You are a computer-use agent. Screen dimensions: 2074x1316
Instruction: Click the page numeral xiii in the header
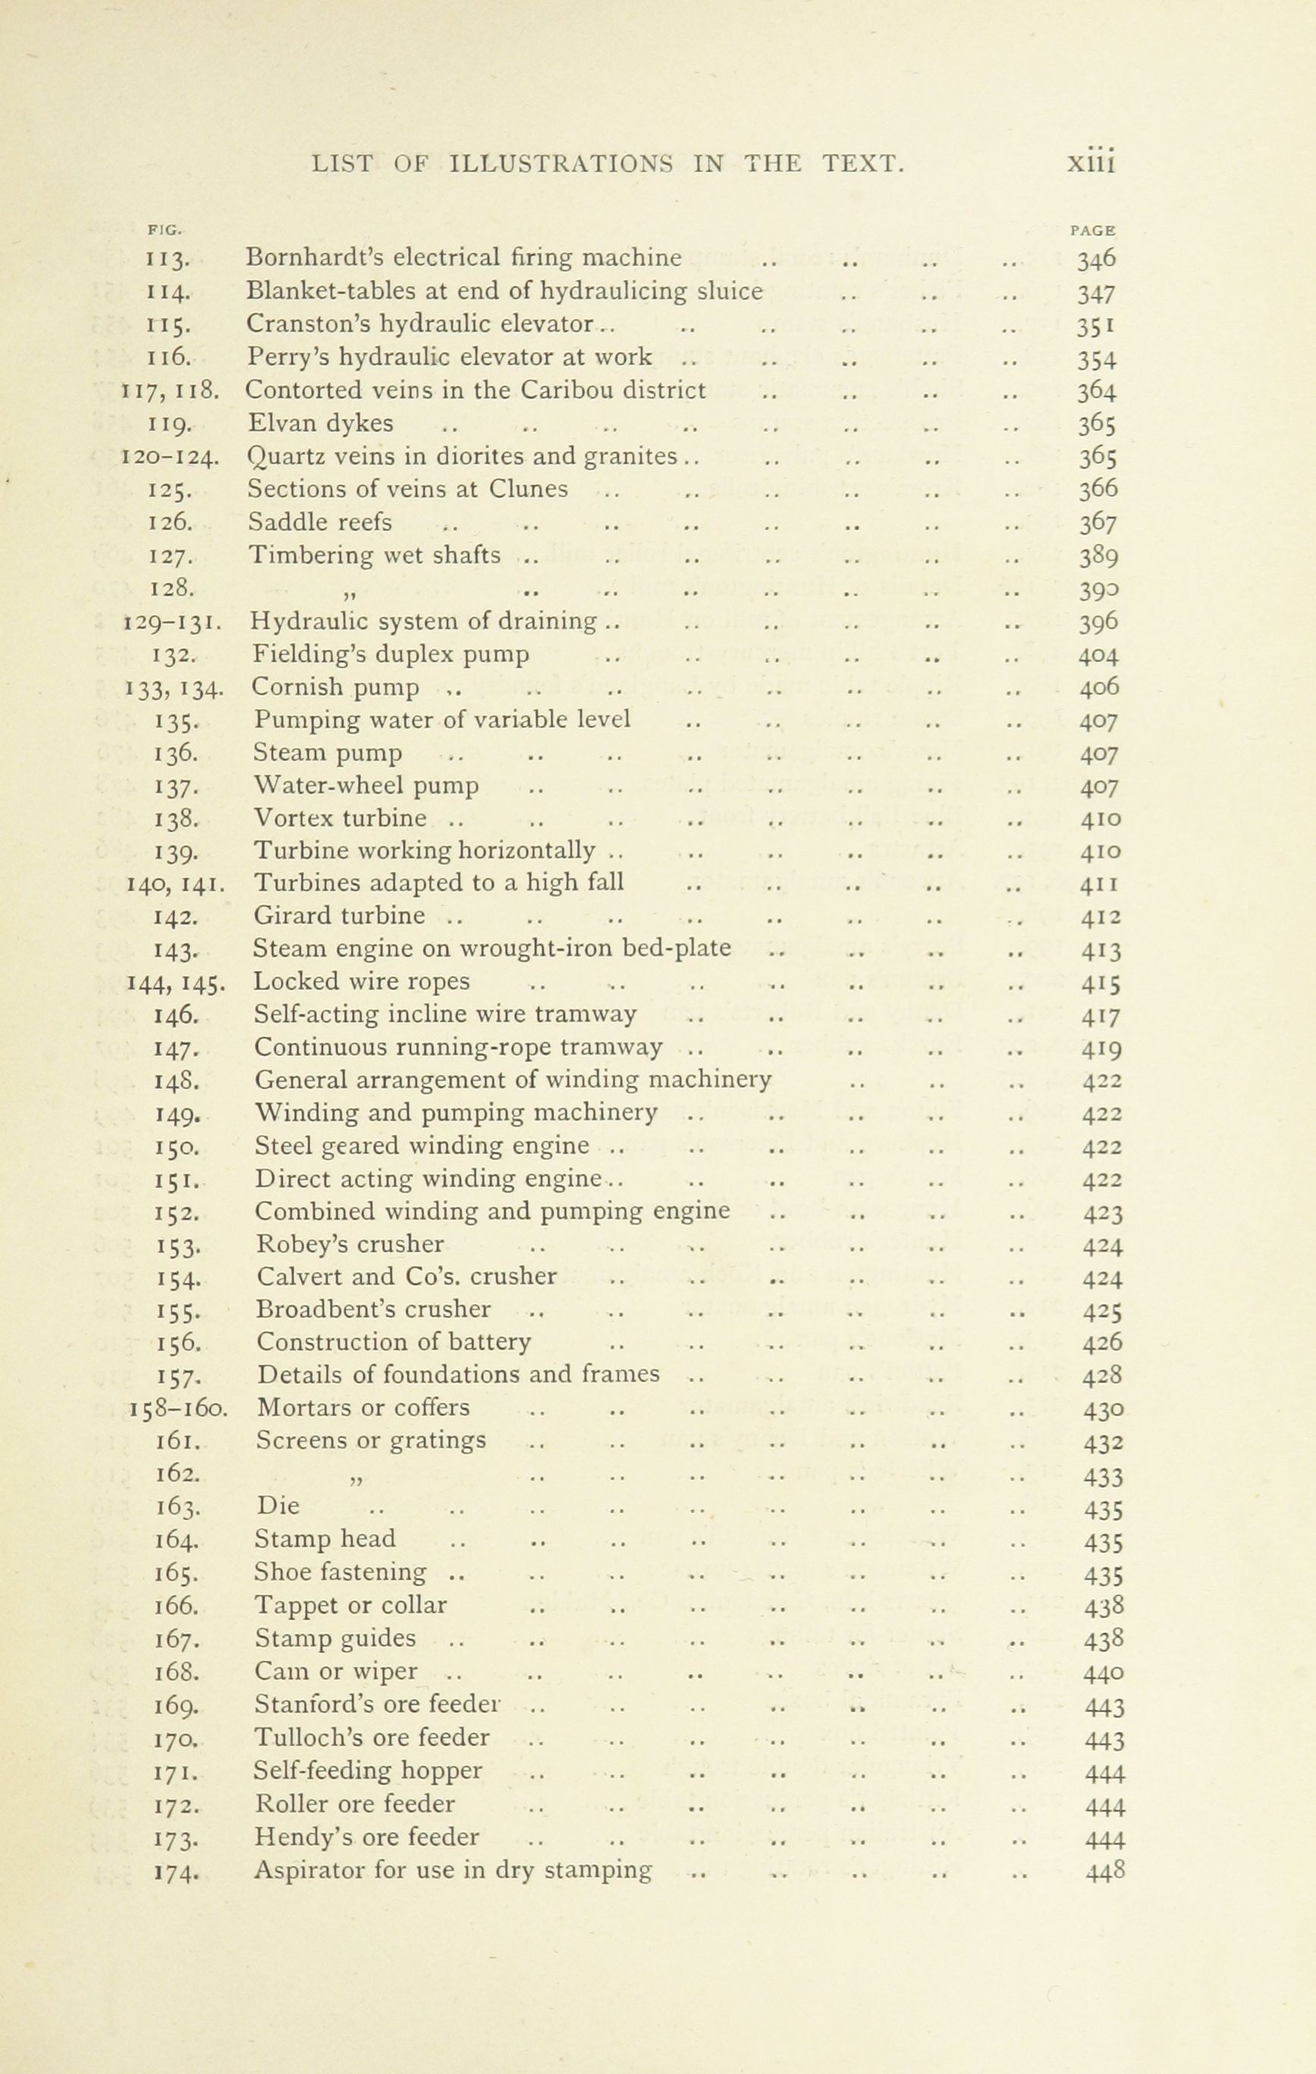click(1091, 161)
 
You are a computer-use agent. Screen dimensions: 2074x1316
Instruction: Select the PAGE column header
click(1093, 230)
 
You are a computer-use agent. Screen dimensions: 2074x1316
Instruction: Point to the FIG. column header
click(164, 230)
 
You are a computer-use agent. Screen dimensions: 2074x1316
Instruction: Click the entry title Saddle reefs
click(319, 523)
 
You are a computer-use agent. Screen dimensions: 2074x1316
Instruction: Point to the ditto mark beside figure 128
click(350, 592)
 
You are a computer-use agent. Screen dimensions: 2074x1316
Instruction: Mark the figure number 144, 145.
click(176, 982)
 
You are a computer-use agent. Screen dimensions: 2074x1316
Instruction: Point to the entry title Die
click(278, 1507)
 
